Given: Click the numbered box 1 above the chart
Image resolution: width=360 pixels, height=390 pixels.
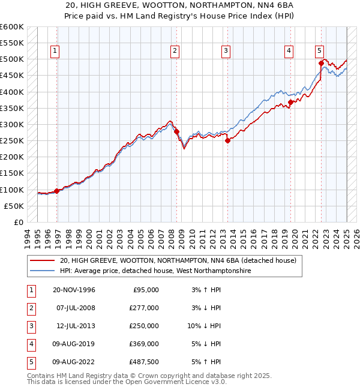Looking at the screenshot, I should (x=55, y=51).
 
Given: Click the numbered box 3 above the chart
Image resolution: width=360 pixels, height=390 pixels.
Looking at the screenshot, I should (x=226, y=51).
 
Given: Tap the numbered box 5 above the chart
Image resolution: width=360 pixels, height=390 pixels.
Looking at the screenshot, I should (x=319, y=51).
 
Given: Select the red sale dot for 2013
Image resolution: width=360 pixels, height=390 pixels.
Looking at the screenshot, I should (x=228, y=141).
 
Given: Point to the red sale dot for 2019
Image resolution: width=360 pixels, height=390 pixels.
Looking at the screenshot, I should (x=290, y=102).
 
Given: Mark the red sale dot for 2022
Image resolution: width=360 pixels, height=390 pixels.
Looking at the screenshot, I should (x=321, y=63).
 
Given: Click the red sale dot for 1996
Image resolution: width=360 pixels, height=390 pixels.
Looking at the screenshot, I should (x=57, y=191).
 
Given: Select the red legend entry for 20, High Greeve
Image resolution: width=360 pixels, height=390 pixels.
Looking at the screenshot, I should (x=178, y=261).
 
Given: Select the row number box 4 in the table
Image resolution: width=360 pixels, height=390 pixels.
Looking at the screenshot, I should (x=30, y=344).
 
